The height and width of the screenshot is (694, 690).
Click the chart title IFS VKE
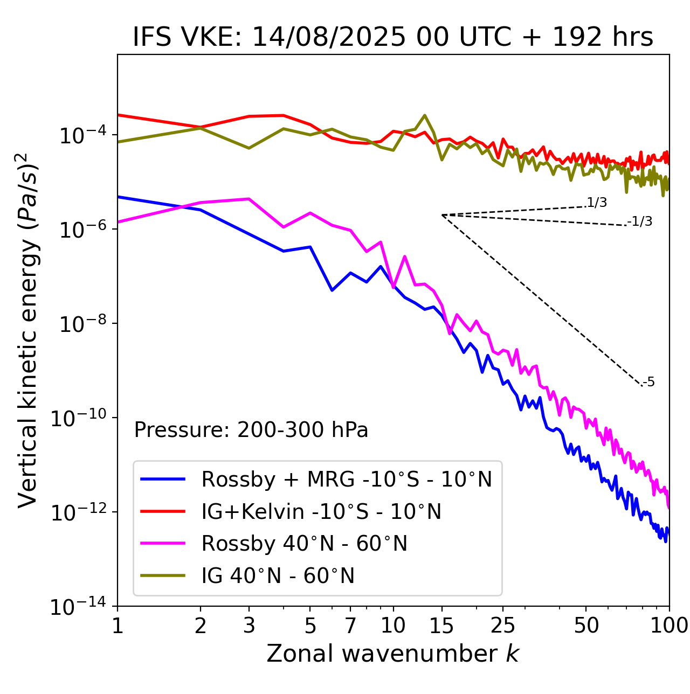(x=393, y=38)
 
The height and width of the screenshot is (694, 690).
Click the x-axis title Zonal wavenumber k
(x=392, y=653)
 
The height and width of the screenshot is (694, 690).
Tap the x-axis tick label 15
(x=442, y=625)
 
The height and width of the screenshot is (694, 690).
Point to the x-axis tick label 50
(x=586, y=625)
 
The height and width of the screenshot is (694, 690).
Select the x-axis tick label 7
(x=350, y=625)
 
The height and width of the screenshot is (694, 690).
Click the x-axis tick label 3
(x=249, y=625)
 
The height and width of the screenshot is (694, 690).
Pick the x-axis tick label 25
(x=503, y=625)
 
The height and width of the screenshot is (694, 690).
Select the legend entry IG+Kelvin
(x=321, y=511)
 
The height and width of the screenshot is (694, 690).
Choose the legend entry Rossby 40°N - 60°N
(x=304, y=544)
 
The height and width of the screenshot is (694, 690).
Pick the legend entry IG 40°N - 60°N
(x=278, y=576)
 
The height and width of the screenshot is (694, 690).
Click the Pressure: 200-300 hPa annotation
(x=251, y=430)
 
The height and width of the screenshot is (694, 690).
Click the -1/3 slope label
(x=640, y=221)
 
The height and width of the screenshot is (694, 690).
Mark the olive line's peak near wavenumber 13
(x=425, y=115)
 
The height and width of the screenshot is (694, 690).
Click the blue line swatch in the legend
(x=163, y=479)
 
